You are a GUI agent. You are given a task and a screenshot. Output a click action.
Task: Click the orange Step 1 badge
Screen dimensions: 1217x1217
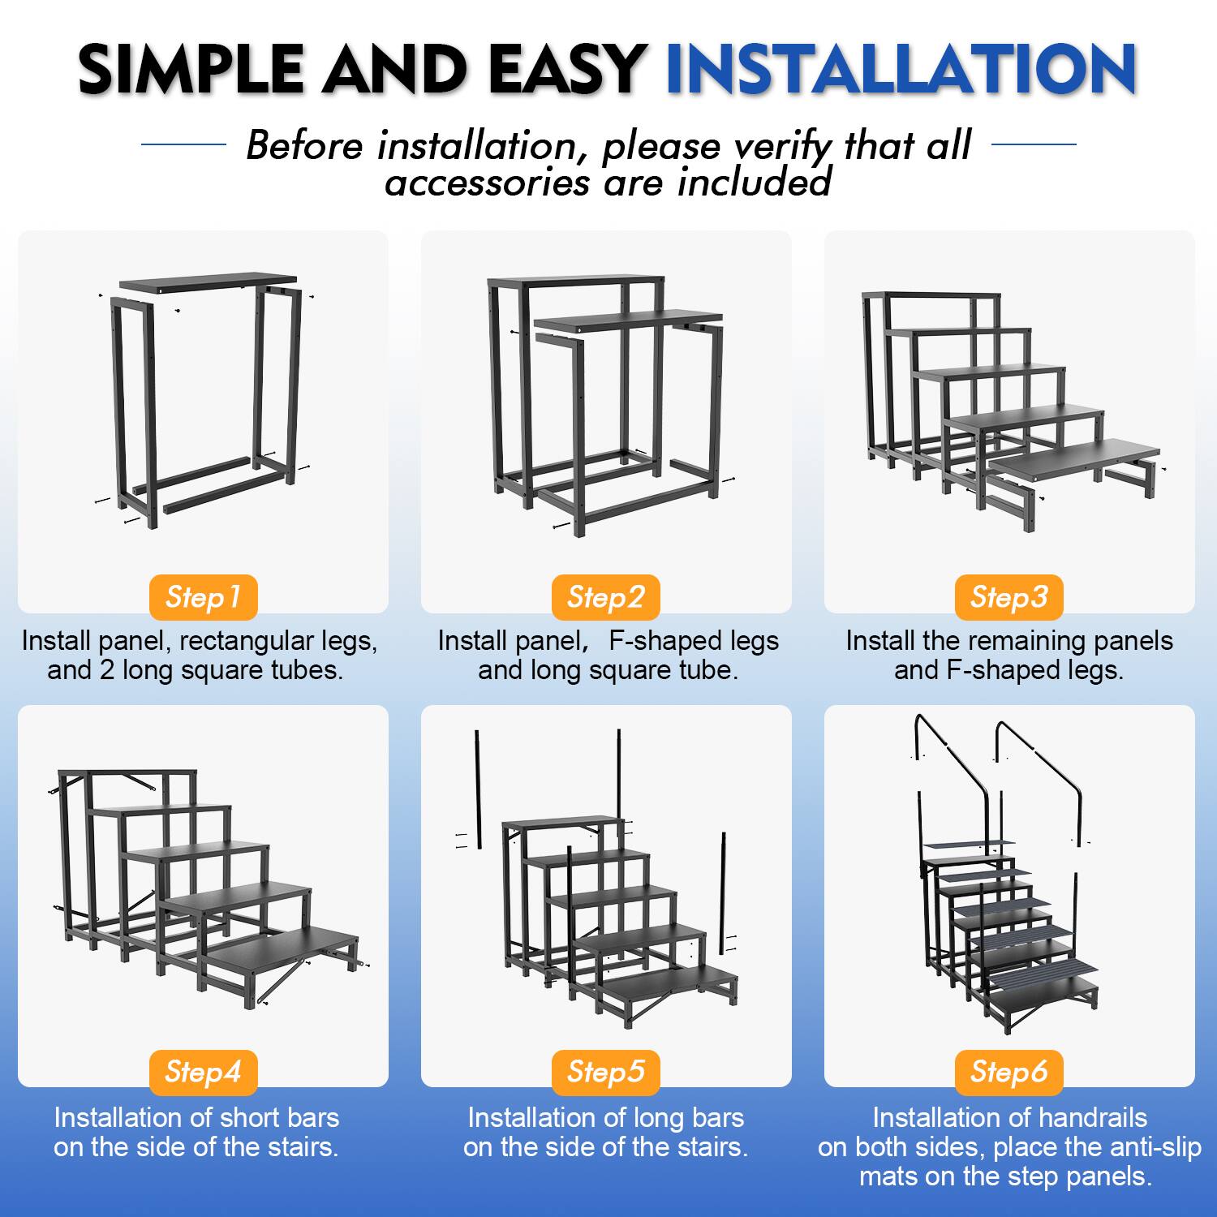pyautogui.click(x=203, y=597)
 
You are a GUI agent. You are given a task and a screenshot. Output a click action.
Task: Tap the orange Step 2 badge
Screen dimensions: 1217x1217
pyautogui.click(x=606, y=597)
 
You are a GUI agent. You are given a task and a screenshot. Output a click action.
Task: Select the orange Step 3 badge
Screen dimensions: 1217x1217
pyautogui.click(x=1008, y=597)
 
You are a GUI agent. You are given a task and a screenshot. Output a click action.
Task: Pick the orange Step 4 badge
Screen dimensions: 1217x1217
pyautogui.click(x=203, y=1072)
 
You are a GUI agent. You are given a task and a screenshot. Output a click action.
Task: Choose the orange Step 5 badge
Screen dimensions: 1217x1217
pyautogui.click(x=606, y=1072)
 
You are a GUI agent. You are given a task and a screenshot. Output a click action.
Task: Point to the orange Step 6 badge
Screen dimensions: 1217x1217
pyautogui.click(x=1008, y=1072)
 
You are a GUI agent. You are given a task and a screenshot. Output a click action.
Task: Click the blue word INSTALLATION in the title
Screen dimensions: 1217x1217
pyautogui.click(x=901, y=69)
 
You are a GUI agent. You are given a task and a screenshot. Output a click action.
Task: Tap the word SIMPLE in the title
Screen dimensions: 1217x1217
pyautogui.click(x=191, y=69)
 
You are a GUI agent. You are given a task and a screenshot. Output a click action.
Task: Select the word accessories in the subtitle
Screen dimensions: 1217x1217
pyautogui.click(x=487, y=183)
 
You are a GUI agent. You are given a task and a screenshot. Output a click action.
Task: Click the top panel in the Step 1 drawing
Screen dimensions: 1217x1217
pyautogui.click(x=207, y=282)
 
